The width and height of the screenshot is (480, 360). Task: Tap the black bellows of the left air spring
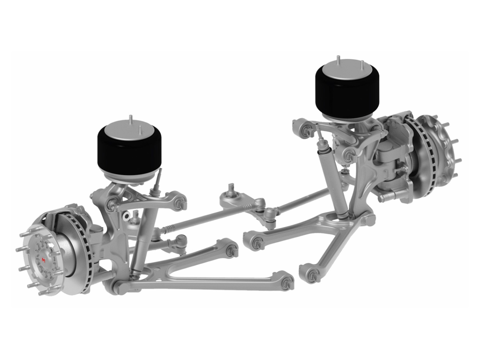(129, 152)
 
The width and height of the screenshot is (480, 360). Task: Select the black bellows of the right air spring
(348, 96)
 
